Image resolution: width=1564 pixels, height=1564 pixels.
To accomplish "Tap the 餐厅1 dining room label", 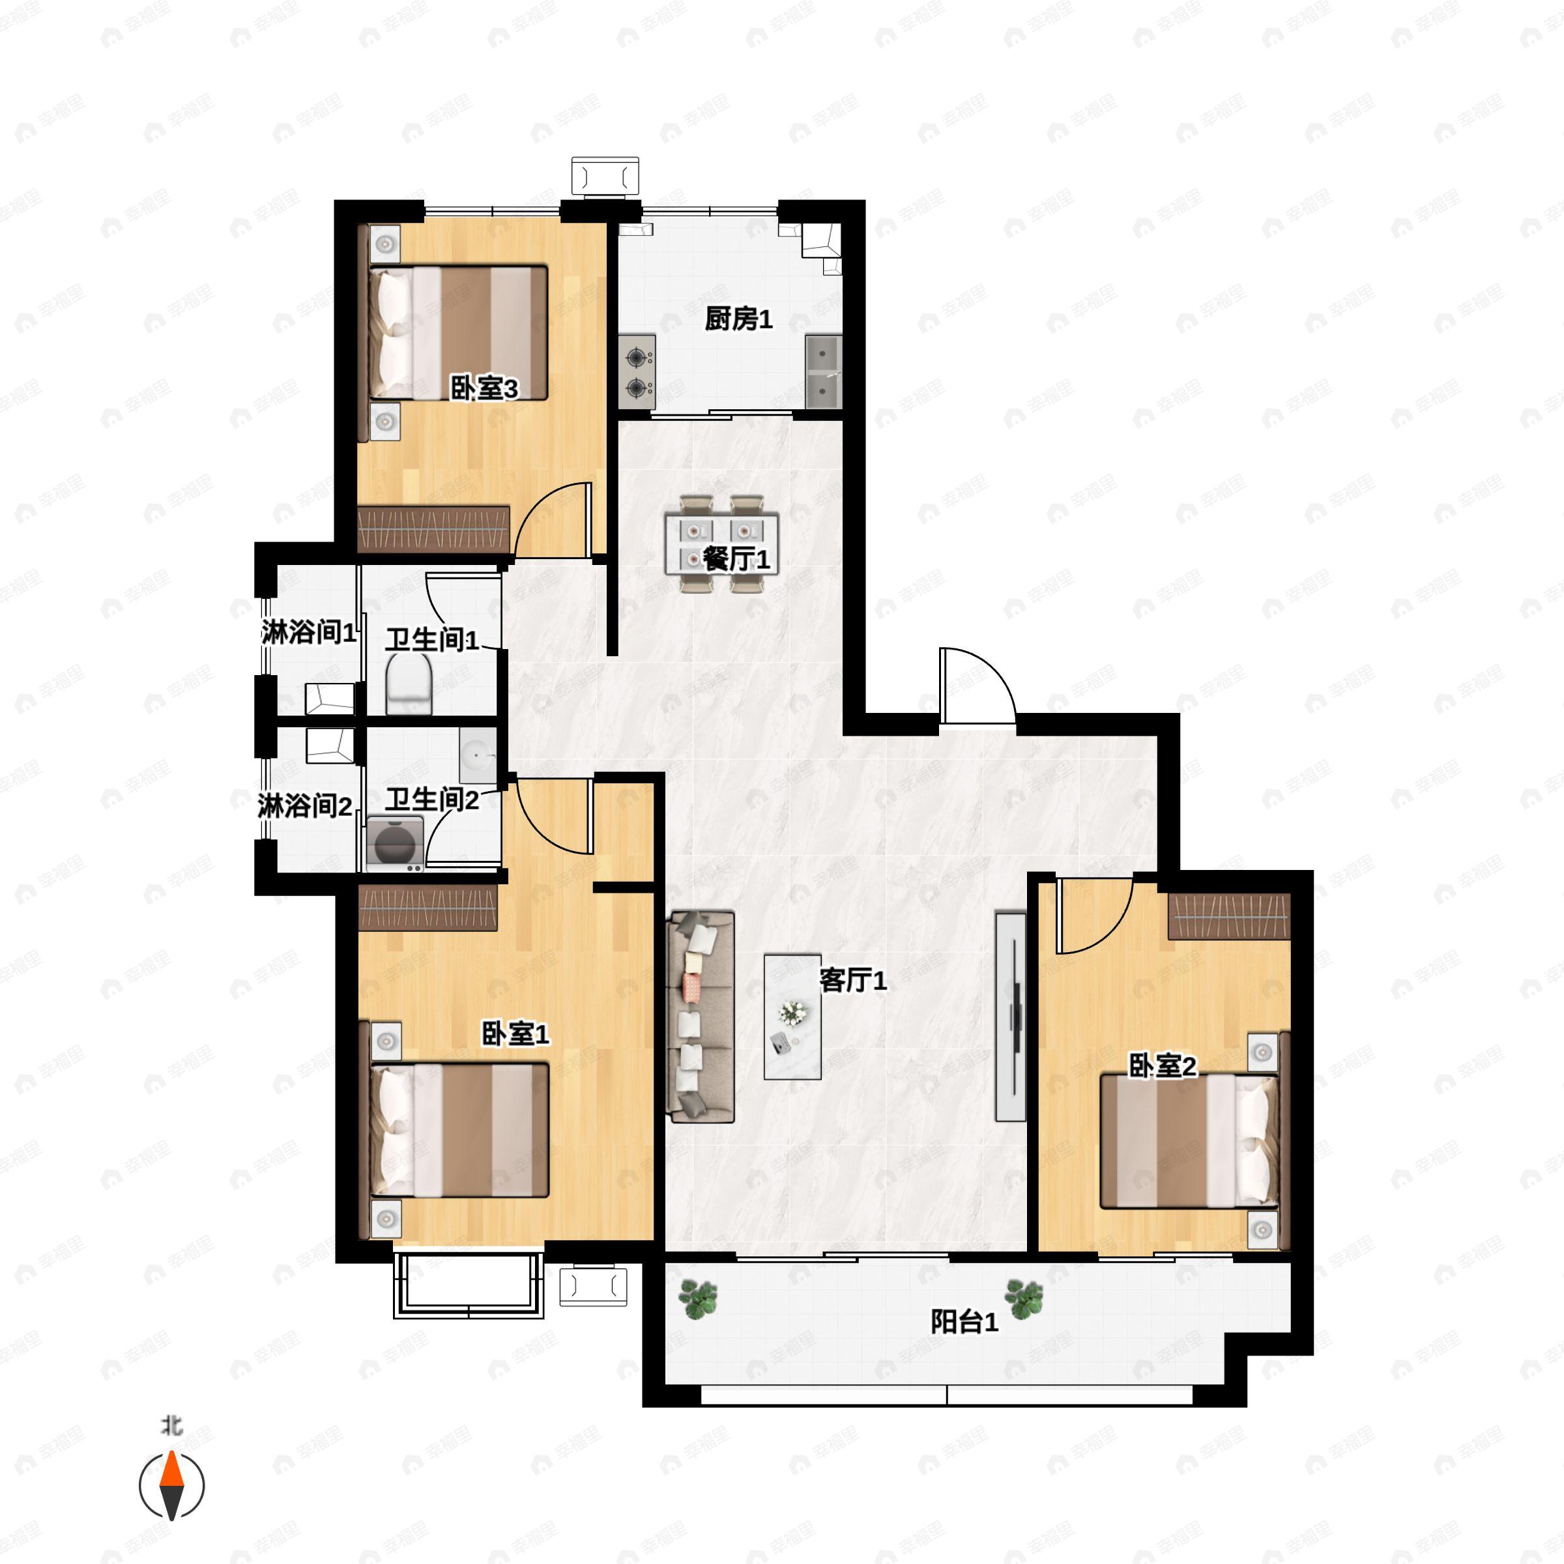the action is pos(735,558).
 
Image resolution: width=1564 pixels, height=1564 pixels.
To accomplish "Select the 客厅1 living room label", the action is pos(852,980).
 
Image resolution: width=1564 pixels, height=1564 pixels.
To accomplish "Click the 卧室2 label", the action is pos(1162,1066).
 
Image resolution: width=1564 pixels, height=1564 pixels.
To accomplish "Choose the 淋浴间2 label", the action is pos(304,805).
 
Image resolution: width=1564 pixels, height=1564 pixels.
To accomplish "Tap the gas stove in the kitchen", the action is pos(637,371).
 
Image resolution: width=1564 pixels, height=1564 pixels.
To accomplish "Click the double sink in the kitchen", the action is pos(823,371).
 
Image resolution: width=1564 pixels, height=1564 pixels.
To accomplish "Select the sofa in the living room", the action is pos(701,1016).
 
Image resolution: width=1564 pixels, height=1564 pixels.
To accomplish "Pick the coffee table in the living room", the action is pos(792,1017).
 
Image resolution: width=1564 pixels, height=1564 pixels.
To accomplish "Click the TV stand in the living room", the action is pos(1010,1016).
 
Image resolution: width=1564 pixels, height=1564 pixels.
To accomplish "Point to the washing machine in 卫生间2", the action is pos(395,843).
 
